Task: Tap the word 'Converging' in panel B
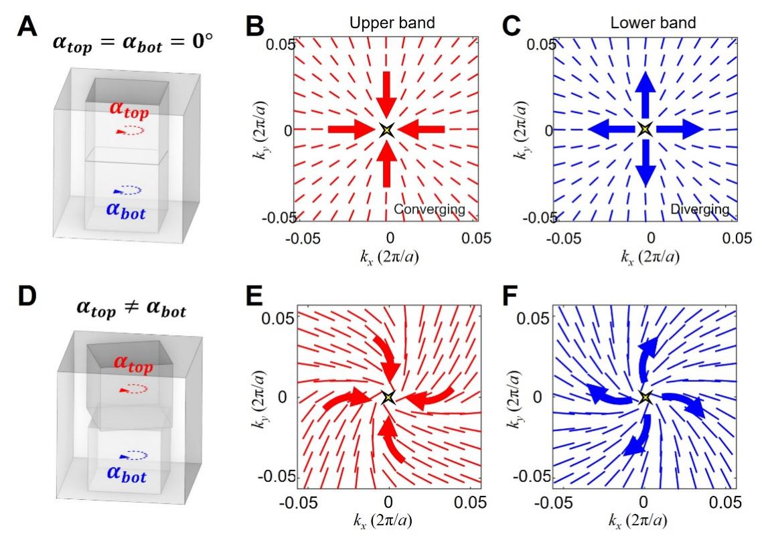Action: (429, 209)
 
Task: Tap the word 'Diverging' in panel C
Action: (699, 209)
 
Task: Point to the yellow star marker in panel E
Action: (387, 397)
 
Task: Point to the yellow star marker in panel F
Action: (644, 397)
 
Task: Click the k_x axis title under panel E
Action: (388, 527)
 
